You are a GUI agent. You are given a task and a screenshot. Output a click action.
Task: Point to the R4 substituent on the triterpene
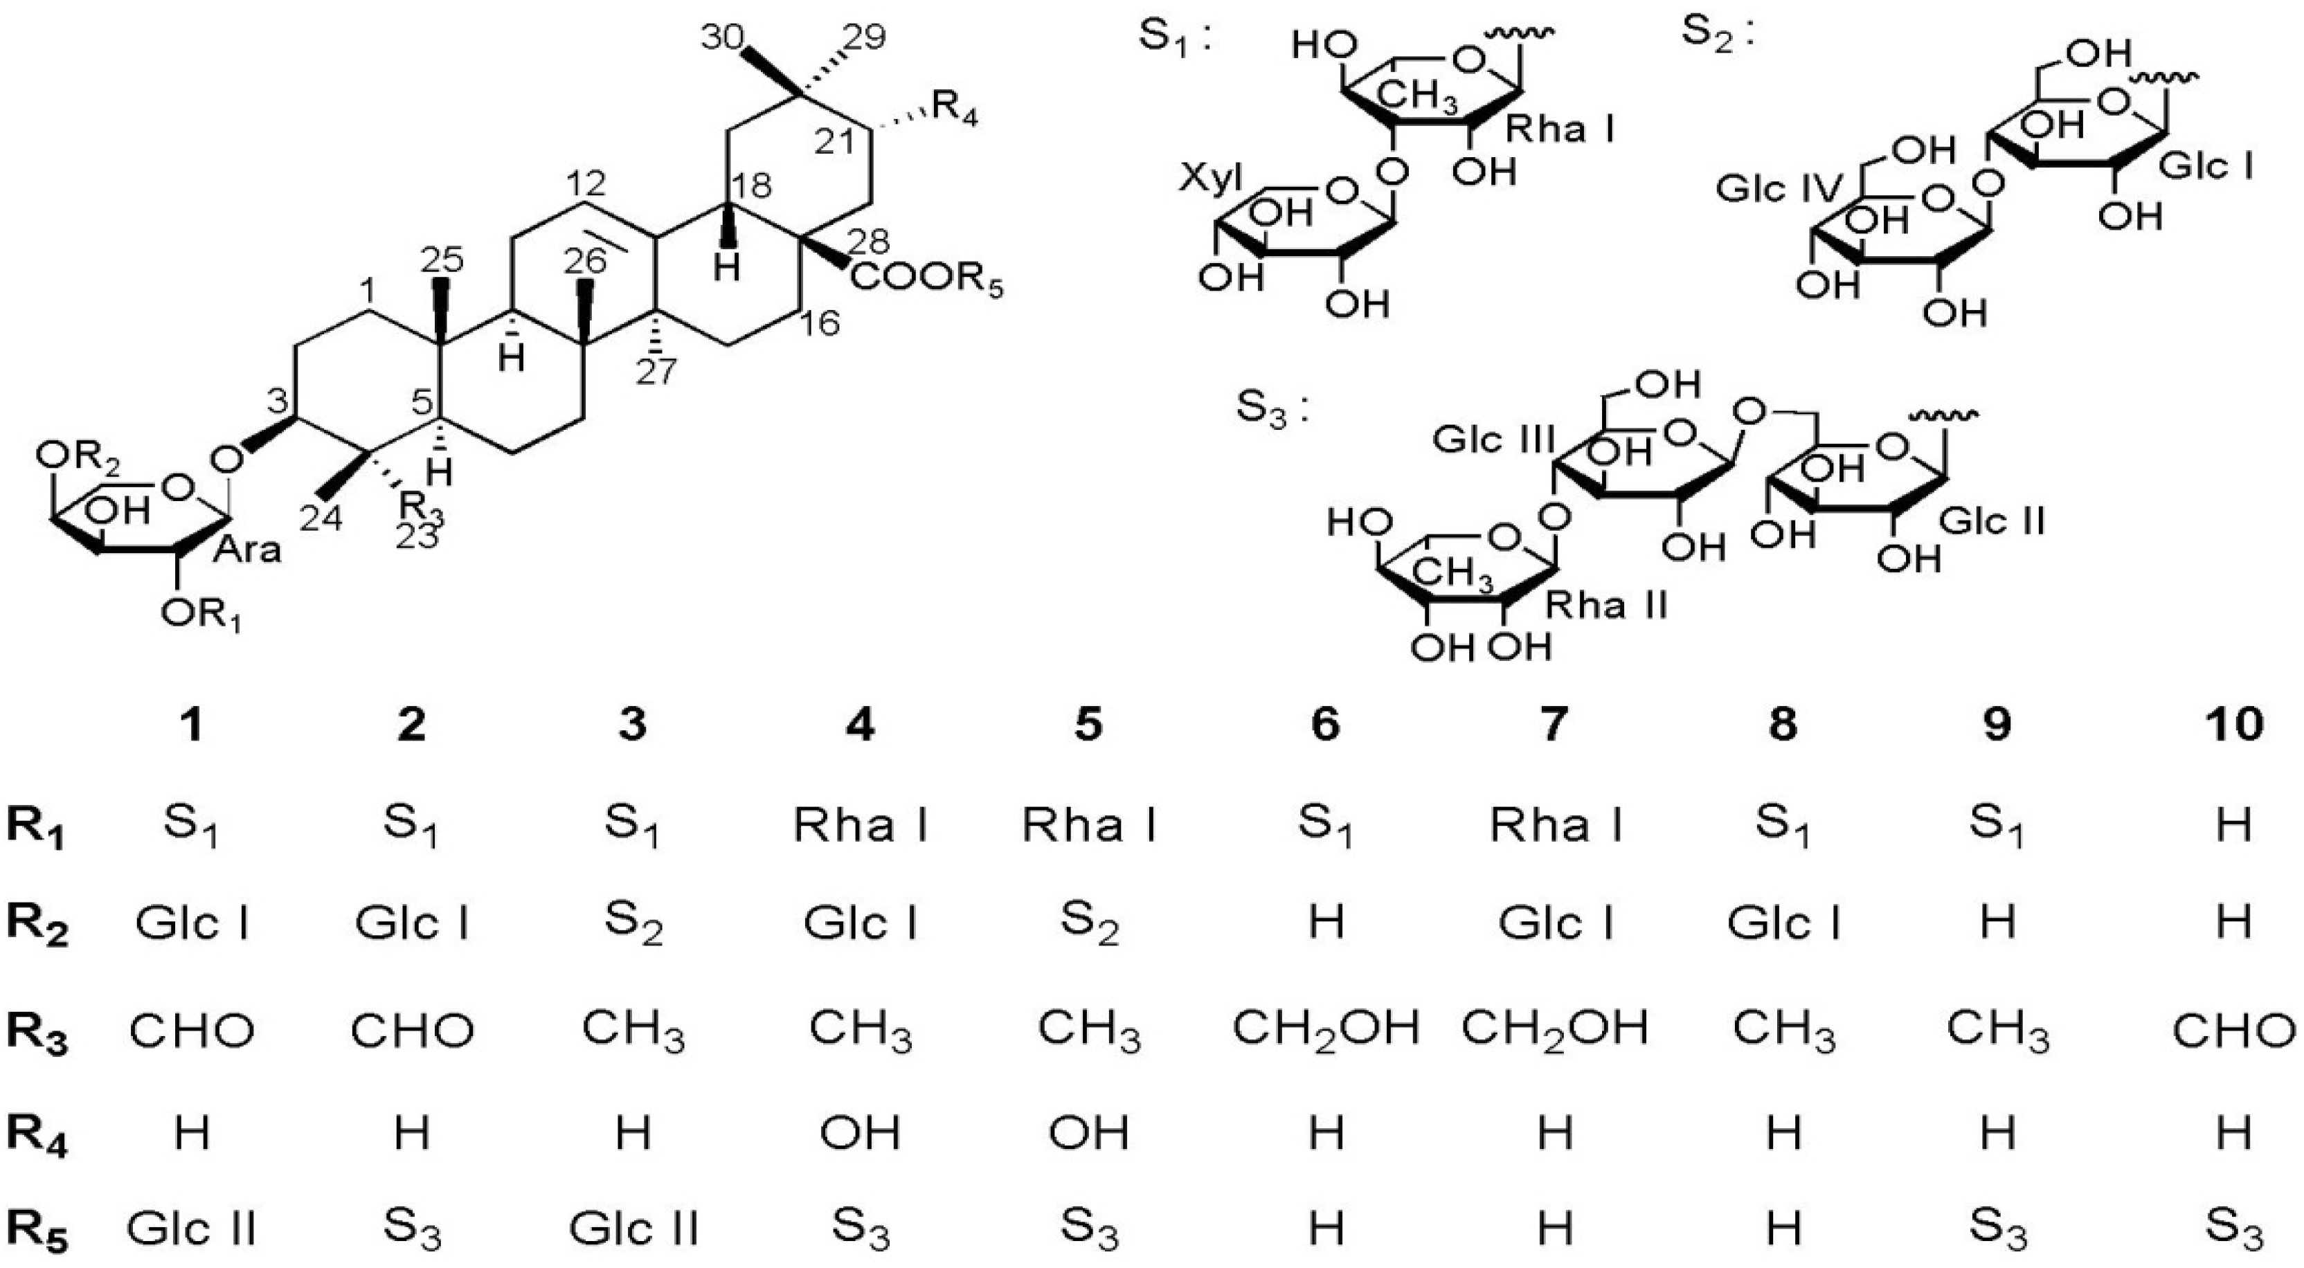tap(954, 114)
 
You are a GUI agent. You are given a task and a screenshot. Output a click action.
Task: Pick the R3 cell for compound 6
tap(1324, 1029)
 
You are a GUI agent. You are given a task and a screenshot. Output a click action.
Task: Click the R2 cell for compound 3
tap(633, 925)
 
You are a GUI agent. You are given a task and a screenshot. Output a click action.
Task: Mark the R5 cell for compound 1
tap(192, 1229)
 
